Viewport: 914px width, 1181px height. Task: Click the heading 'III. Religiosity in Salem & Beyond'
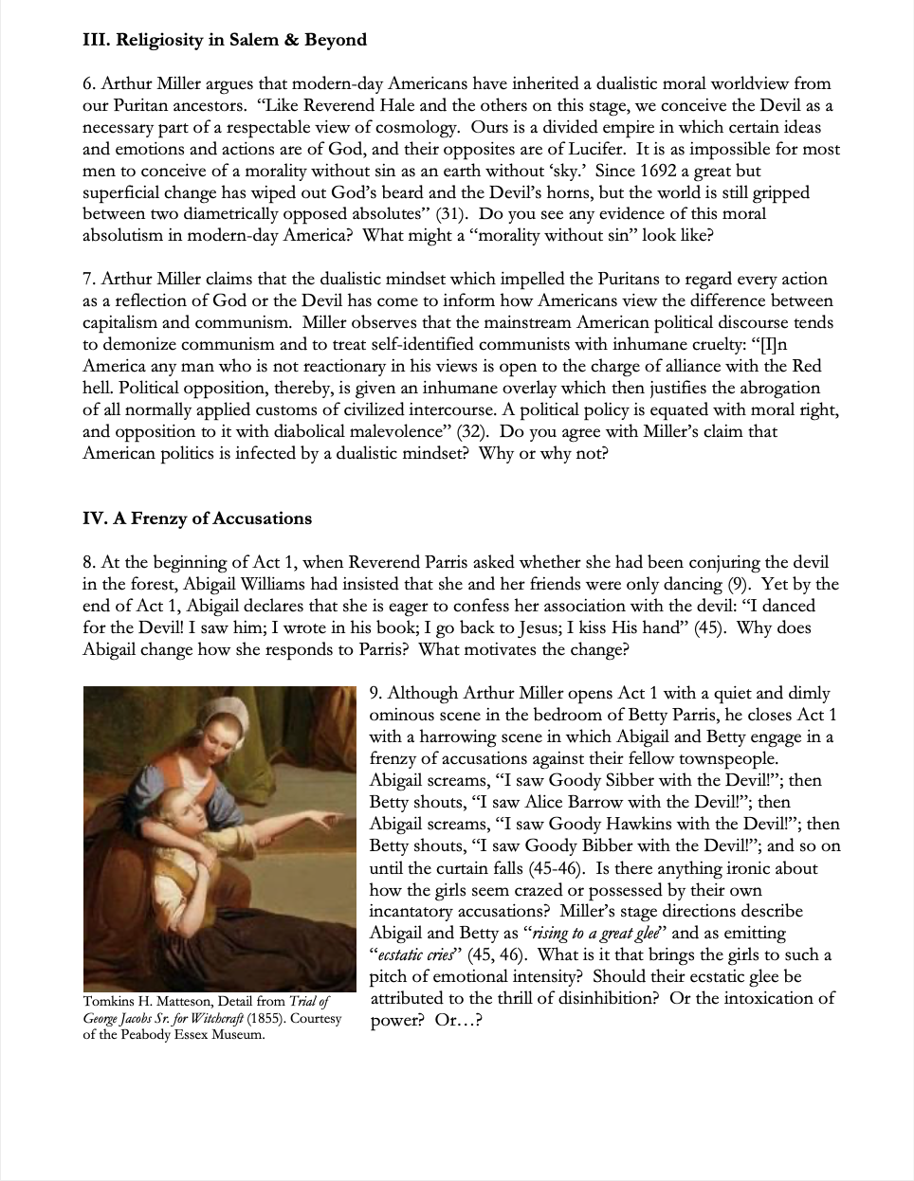coord(225,40)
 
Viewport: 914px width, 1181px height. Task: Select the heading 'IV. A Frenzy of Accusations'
coord(197,518)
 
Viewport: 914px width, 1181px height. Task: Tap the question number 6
coord(87,83)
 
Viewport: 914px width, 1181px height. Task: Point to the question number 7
coord(87,279)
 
